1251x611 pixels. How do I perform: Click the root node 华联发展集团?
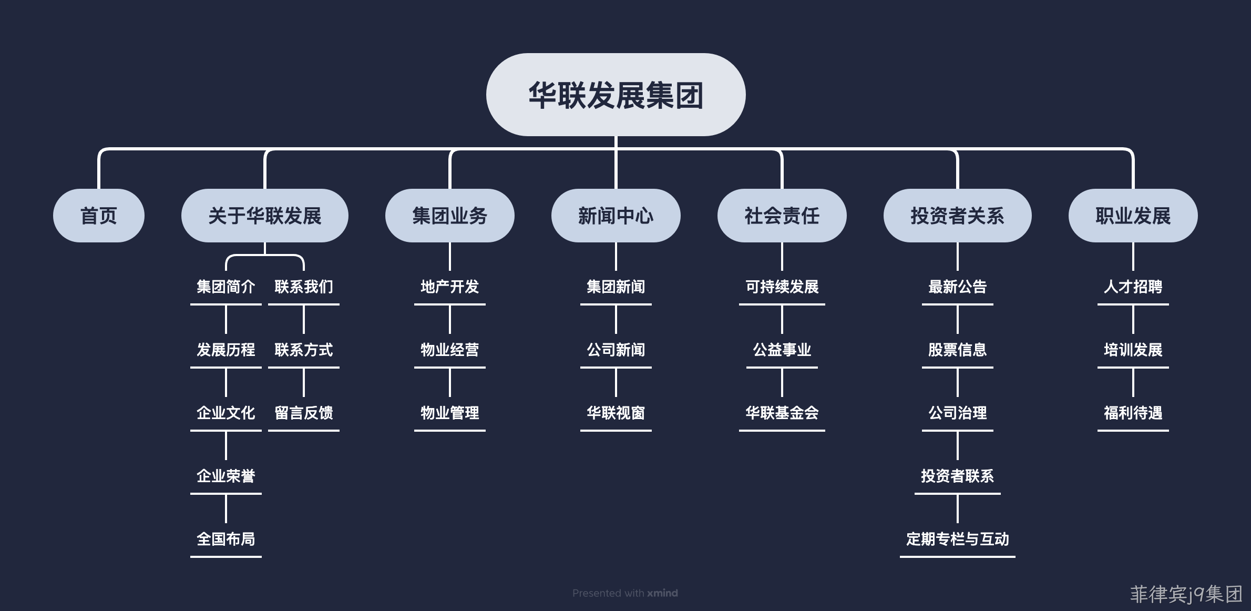616,95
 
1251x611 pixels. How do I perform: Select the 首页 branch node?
99,216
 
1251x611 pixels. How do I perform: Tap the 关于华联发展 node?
265,216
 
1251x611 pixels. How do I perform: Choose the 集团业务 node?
450,216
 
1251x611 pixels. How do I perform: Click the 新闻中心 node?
616,216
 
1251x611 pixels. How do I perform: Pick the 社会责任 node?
782,216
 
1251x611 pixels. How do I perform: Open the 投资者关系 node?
958,216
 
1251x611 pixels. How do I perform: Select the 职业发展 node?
1133,216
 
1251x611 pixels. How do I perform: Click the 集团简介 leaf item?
226,287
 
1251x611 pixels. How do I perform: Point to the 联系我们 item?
304,287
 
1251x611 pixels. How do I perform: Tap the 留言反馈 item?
304,413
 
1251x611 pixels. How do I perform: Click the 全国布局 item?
226,539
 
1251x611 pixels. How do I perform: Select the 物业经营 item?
450,350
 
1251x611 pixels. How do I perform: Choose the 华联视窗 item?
616,413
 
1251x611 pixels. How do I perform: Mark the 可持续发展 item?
782,287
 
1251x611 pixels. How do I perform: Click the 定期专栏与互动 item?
958,539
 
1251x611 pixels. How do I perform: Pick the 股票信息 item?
958,350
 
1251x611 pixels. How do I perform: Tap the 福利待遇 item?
1133,413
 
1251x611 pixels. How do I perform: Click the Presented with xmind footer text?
625,593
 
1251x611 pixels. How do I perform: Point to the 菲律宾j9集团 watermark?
1186,594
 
